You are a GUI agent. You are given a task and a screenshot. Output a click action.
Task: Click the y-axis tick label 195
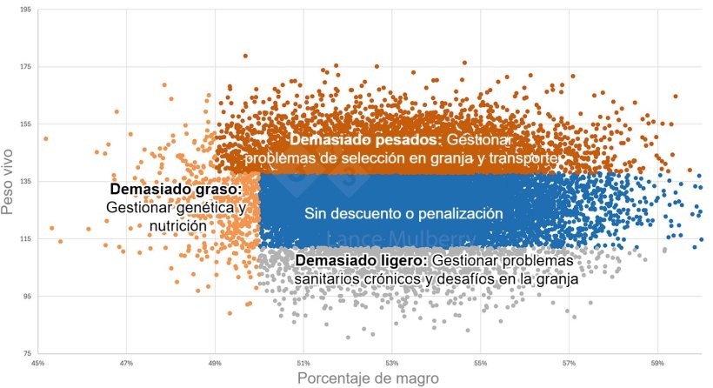[x=26, y=10]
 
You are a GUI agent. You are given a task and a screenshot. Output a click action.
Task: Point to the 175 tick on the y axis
[x=26, y=67]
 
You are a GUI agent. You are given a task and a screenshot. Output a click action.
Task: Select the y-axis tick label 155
[x=26, y=124]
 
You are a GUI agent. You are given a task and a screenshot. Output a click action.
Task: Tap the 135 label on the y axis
[x=26, y=182]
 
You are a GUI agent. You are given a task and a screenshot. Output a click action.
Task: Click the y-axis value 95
[x=27, y=297]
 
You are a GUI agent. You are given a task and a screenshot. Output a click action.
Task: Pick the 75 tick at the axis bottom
[x=27, y=354]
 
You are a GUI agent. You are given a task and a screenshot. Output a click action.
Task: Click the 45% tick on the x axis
[x=37, y=363]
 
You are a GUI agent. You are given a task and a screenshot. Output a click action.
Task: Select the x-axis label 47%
[x=126, y=363]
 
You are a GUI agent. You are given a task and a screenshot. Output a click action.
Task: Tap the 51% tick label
[x=303, y=363]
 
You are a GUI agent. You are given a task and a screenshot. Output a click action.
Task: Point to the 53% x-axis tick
[x=392, y=363]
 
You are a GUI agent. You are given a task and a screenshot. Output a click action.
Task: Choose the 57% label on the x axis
[x=570, y=363]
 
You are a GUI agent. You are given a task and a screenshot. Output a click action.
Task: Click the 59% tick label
[x=658, y=363]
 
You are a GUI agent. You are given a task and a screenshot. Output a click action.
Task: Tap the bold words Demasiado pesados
[x=365, y=140]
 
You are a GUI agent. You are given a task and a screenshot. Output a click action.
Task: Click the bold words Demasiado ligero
[x=361, y=261]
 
